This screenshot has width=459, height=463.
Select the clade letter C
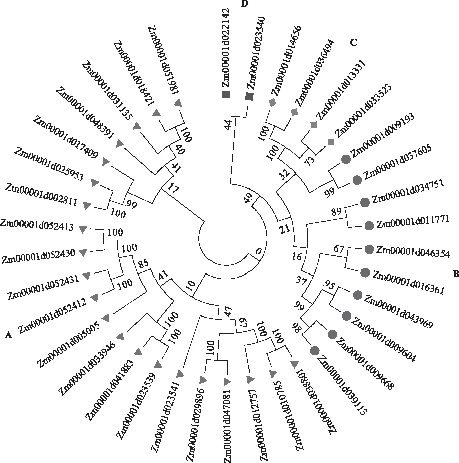coord(353,42)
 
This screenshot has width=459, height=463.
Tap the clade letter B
coord(455,274)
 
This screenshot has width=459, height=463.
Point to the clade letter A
coord(8,335)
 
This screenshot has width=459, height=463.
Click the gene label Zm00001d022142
coord(226,48)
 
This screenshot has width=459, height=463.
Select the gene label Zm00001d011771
coord(413,222)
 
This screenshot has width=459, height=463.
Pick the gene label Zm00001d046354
coord(413,252)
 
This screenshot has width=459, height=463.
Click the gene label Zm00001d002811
coord(41,195)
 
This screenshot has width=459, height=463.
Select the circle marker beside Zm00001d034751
coord(365,202)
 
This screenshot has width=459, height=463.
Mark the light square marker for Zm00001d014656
coord(272,102)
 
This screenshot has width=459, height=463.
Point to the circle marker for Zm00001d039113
coord(315,351)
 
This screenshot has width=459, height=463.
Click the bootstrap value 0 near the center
coord(258,251)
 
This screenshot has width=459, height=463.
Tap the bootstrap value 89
coord(336,211)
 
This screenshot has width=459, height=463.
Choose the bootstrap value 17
coord(173,188)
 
